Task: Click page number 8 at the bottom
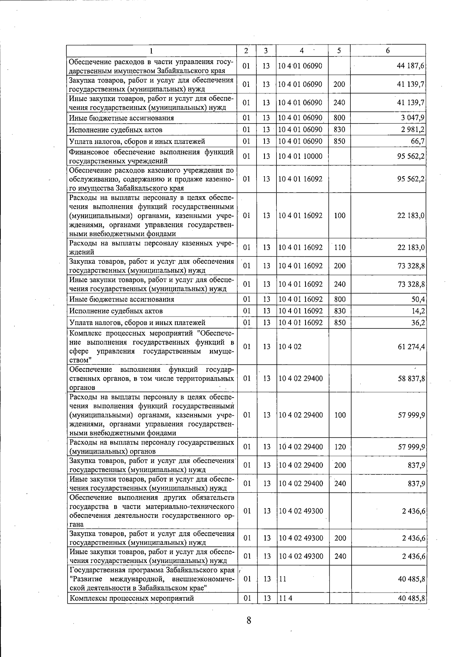click(x=249, y=620)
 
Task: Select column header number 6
click(x=388, y=51)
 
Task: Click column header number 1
click(x=152, y=51)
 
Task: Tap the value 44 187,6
click(x=411, y=66)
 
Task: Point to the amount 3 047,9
click(x=413, y=118)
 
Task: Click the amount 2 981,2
click(x=413, y=130)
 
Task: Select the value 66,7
click(x=417, y=141)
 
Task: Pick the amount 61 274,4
click(x=411, y=347)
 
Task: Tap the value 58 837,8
click(x=411, y=379)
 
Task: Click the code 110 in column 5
click(x=340, y=248)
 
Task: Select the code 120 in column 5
click(x=340, y=447)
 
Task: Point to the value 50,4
click(x=418, y=299)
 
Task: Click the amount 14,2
click(x=418, y=311)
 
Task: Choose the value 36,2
click(x=418, y=323)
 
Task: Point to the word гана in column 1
click(x=76, y=525)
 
